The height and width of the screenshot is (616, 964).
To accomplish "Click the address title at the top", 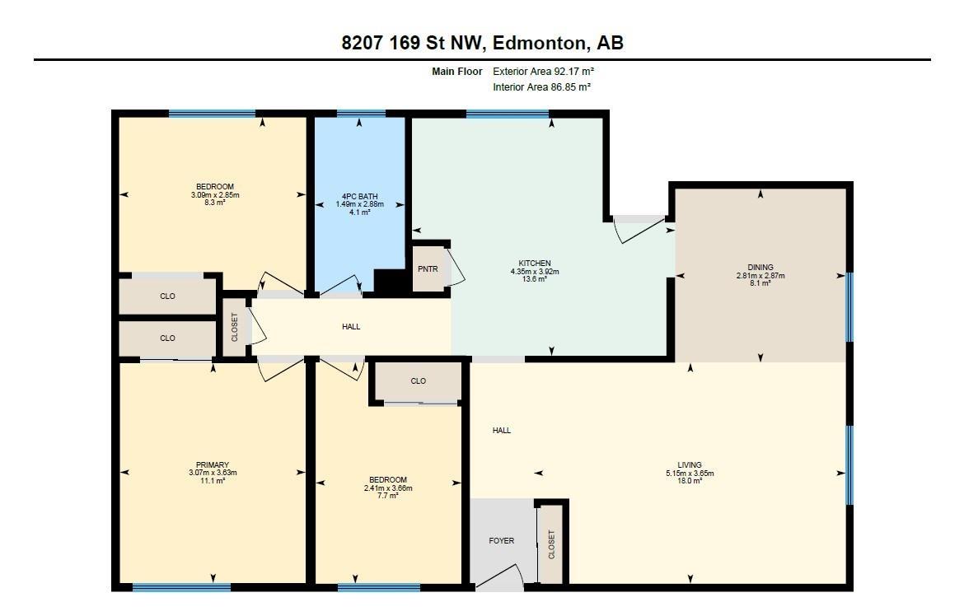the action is (x=483, y=43).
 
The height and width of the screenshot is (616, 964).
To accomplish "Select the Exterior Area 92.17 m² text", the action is (x=544, y=72).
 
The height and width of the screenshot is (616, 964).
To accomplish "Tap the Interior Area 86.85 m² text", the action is (x=542, y=87).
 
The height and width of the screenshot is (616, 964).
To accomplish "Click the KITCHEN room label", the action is (x=535, y=264).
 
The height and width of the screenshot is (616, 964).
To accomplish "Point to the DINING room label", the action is (x=760, y=268).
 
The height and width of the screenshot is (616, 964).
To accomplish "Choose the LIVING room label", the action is (x=690, y=465).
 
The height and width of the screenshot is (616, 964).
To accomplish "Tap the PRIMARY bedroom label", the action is (x=213, y=465).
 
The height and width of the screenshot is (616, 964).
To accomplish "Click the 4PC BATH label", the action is (x=360, y=197).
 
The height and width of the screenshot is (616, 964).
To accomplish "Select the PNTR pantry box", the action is (x=428, y=268).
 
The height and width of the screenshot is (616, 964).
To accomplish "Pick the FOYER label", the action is (x=502, y=541).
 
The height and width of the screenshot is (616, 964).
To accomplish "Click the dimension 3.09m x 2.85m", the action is (x=215, y=195).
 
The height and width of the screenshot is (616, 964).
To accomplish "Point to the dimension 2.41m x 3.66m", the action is (x=388, y=488).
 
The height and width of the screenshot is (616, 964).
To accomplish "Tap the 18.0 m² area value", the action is (x=690, y=481).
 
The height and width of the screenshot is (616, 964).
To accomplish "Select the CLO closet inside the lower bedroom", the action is (x=418, y=381).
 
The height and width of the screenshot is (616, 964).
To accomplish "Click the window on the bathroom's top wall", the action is (x=361, y=114).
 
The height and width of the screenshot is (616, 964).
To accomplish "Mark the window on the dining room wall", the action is (x=849, y=307).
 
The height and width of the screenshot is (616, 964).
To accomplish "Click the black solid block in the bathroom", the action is (x=391, y=282).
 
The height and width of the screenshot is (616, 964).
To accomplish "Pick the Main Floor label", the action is (x=457, y=72).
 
